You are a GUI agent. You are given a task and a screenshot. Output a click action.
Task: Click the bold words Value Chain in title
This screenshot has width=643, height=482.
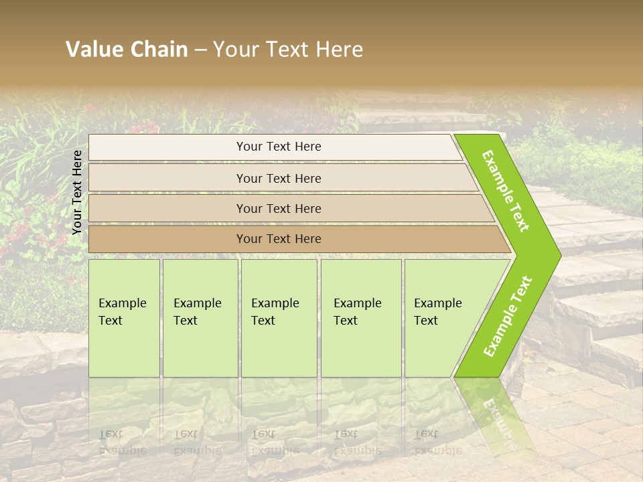tap(127, 50)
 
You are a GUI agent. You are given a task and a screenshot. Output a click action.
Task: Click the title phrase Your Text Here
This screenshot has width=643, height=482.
tap(288, 50)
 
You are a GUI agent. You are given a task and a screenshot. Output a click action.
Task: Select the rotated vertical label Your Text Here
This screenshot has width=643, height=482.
tap(77, 192)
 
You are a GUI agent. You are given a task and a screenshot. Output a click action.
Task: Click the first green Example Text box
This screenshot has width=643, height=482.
tap(124, 318)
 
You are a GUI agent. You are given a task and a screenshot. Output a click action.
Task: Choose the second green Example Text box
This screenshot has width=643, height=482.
tap(200, 318)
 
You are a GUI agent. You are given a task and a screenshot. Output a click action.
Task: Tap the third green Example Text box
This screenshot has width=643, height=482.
tap(279, 318)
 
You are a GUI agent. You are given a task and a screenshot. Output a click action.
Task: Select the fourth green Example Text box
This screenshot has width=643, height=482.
tap(360, 318)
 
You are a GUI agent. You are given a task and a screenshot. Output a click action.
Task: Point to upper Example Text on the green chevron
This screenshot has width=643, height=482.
tap(506, 190)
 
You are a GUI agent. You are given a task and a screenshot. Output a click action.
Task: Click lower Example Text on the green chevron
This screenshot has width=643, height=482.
tap(508, 316)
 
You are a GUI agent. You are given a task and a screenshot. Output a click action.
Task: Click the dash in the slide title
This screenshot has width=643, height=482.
tap(200, 50)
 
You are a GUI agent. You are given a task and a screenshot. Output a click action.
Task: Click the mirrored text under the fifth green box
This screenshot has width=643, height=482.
tap(437, 442)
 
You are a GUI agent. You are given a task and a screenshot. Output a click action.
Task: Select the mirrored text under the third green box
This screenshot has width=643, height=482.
tap(275, 442)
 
